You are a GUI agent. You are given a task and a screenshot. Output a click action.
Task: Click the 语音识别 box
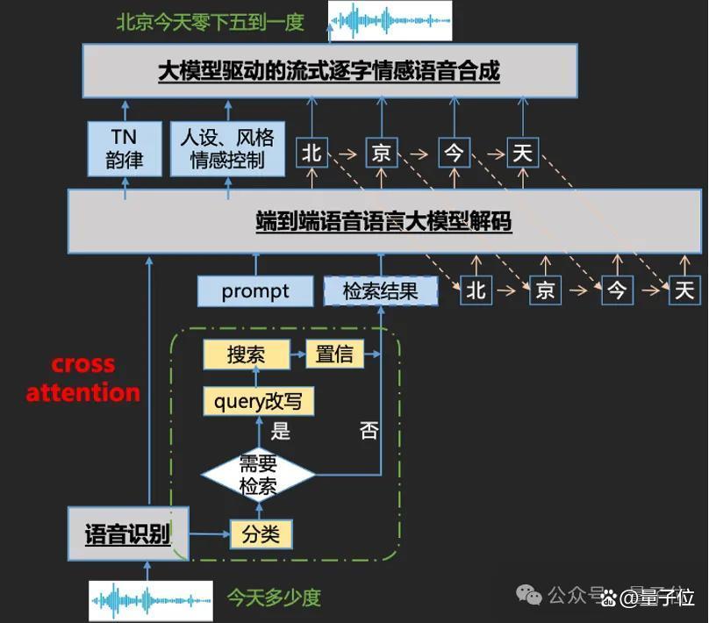[128, 533]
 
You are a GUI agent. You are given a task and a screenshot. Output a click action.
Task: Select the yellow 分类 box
[261, 534]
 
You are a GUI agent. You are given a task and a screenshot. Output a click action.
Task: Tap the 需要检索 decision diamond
[258, 475]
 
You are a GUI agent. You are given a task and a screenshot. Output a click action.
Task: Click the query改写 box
[258, 401]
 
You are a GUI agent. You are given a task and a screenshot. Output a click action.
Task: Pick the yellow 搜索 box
[246, 354]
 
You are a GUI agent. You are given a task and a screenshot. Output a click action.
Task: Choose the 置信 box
[334, 354]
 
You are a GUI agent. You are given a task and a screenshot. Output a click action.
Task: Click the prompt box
[255, 291]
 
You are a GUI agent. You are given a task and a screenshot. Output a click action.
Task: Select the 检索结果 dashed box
[380, 291]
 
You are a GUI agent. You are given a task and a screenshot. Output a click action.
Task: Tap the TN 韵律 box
[125, 148]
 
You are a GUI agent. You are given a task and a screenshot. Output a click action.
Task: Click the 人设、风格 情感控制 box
[227, 148]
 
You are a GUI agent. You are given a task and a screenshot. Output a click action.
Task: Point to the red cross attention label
[82, 379]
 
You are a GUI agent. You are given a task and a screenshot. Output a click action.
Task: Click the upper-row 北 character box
[312, 153]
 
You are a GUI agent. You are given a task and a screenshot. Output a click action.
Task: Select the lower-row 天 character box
[684, 290]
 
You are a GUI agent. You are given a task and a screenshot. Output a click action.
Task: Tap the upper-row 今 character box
[455, 153]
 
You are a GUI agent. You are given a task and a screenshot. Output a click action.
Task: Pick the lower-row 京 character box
[545, 290]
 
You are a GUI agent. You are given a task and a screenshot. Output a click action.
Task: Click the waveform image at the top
[390, 21]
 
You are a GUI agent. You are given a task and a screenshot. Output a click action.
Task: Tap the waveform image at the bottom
[151, 601]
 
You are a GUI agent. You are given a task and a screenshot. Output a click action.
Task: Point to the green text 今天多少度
[274, 598]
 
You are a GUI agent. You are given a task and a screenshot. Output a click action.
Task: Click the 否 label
[369, 430]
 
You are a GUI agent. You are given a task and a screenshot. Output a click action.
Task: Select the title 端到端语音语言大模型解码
[383, 221]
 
